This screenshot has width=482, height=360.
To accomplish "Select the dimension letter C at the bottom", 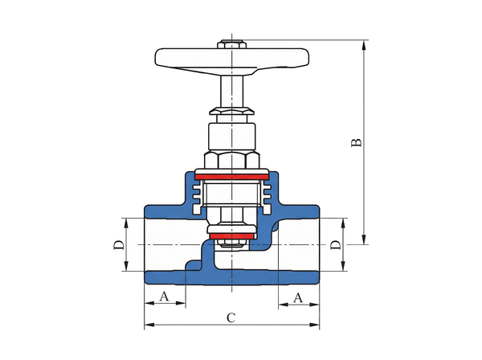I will [230, 318].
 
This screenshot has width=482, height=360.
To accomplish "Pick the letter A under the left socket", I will [164, 297].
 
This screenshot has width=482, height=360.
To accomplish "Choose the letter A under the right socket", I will [297, 297].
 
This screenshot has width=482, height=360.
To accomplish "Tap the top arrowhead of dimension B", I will [366, 45].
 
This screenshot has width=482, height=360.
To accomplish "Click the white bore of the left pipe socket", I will [165, 244].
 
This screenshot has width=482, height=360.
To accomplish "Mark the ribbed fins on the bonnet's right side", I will [266, 190].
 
